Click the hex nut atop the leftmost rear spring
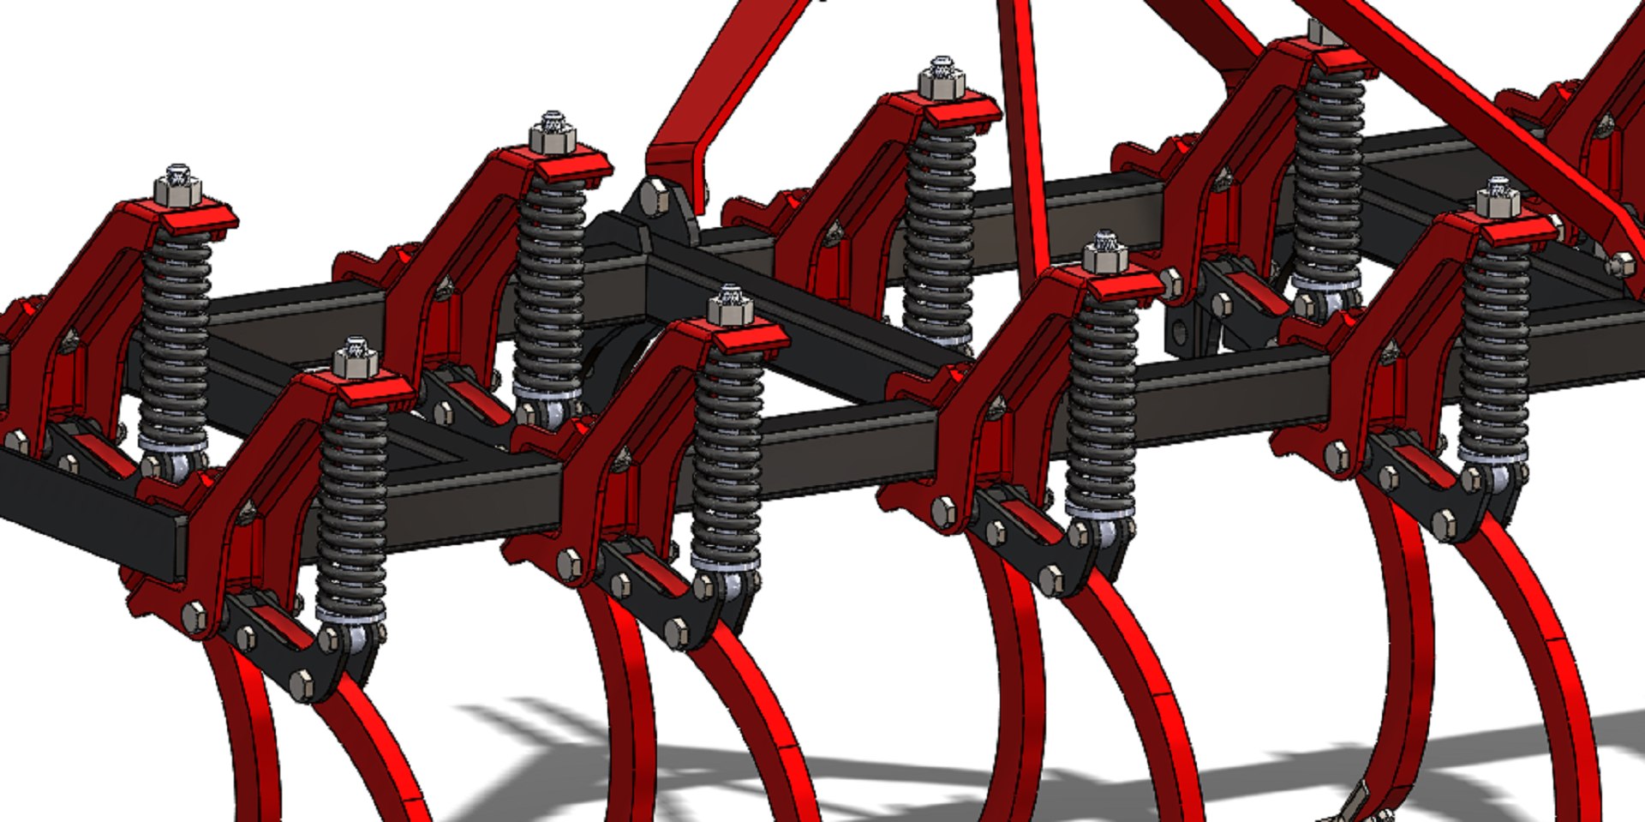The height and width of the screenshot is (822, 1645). point(177,189)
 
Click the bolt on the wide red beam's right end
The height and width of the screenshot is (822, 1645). point(1621,264)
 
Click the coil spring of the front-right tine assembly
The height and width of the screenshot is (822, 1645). point(1495,351)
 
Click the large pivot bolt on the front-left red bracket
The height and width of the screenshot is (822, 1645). point(194,615)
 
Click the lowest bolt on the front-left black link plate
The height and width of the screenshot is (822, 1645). point(302,682)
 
